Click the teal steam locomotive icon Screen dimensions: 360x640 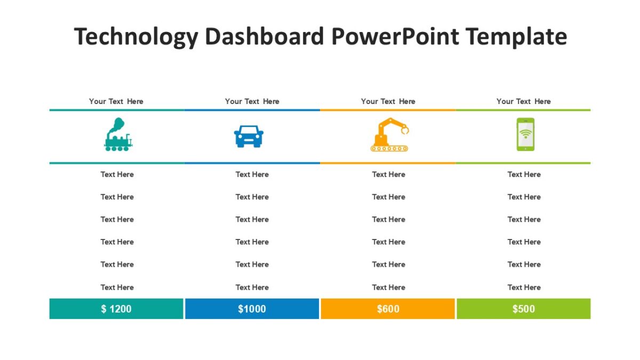coord(118,135)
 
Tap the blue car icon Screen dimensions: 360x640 coord(249,137)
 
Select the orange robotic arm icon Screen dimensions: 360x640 coord(389,135)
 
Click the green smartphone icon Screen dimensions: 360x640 coord(525,134)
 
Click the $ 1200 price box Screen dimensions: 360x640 coord(116,309)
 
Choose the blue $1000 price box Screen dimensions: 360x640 coord(252,309)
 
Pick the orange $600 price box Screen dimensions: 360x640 coord(388,309)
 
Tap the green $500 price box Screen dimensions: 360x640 coord(523,309)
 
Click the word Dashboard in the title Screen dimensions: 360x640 coord(264,37)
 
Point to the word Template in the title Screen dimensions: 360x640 coord(516,37)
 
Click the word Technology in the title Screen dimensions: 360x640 coord(135,37)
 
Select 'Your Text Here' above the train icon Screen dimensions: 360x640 coord(116,101)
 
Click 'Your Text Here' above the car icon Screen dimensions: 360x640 coord(252,101)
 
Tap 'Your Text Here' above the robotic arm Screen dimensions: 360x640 coord(388,101)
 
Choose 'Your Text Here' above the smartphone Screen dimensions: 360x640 coord(524,101)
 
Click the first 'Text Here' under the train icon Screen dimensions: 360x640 coord(117,174)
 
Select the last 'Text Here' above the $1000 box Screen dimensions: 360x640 coord(252,287)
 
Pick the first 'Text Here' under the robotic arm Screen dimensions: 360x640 coord(389,174)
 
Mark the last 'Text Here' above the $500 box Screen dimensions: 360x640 coord(524,287)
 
